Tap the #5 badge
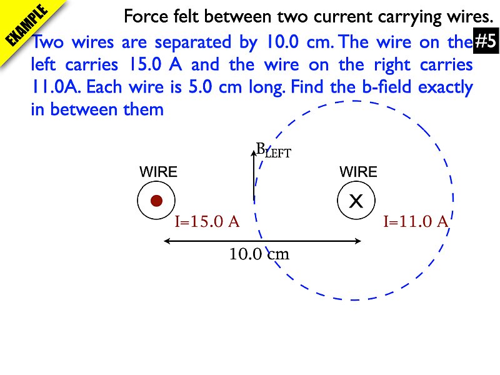[x=486, y=42]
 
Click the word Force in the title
[x=143, y=16]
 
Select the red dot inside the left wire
[x=156, y=201]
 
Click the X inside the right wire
[x=356, y=201]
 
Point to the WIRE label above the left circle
[x=158, y=172]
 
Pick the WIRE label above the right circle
[x=358, y=172]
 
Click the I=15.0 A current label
[x=207, y=221]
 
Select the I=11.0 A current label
[x=416, y=221]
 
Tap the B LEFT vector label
[x=274, y=150]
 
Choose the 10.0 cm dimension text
[x=259, y=254]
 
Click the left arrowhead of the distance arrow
[x=167, y=241]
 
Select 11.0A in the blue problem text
[x=54, y=87]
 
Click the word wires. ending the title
[x=466, y=16]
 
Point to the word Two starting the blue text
[x=47, y=43]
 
